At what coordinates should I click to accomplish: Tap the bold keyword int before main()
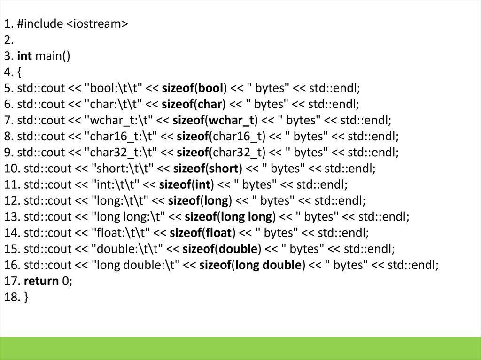(24, 56)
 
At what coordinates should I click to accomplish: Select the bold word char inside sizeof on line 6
(209, 104)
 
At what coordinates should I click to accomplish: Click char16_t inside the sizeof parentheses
(239, 137)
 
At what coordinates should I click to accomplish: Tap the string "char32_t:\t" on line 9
(119, 153)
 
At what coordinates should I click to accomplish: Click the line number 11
(10, 184)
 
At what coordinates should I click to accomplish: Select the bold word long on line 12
(217, 201)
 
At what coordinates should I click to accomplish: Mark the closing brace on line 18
(26, 298)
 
